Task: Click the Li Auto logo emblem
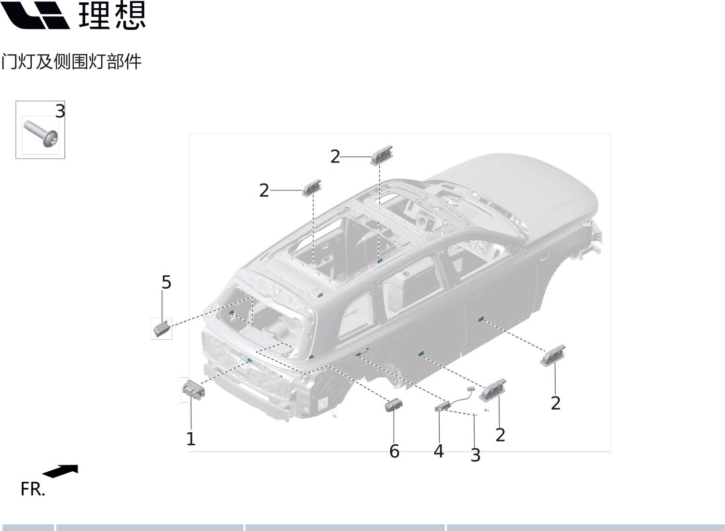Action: (x=35, y=15)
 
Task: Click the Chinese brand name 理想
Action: (x=112, y=15)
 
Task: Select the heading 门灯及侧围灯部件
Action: (x=71, y=62)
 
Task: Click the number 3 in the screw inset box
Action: (x=60, y=111)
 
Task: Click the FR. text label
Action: (x=33, y=489)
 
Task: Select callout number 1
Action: (x=191, y=439)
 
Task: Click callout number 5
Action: (x=166, y=282)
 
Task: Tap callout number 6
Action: (x=394, y=451)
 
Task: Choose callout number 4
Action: (x=439, y=451)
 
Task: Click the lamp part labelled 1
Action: (x=194, y=389)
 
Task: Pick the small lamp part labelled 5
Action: (x=161, y=329)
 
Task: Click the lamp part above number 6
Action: (x=394, y=405)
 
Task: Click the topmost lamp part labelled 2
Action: (x=382, y=155)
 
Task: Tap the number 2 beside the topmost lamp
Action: (x=335, y=157)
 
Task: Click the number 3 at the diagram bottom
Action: (x=475, y=455)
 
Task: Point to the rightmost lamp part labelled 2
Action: (x=553, y=355)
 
